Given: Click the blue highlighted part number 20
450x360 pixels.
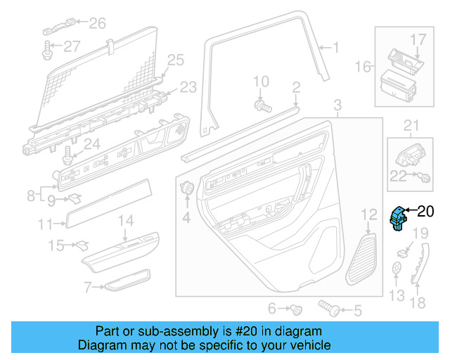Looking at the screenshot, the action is [398, 219].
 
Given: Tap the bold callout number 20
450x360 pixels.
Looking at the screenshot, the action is [425, 212].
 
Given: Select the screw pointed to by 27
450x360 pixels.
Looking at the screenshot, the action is [47, 51].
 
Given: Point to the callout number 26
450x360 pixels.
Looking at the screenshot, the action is [97, 23].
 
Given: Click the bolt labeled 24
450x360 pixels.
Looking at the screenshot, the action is [67, 155].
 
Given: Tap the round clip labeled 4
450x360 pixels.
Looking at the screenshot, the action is [187, 188].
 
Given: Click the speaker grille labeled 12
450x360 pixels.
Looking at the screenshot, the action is [361, 259].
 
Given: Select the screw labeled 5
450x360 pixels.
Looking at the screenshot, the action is [329, 308].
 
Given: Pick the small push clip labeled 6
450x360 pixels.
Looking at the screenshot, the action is [296, 309].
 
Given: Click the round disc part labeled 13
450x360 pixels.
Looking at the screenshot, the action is [397, 268].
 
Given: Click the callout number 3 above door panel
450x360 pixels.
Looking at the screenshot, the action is [337, 105].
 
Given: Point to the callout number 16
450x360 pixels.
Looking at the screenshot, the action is [363, 67].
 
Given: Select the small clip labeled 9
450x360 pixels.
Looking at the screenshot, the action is [75, 198].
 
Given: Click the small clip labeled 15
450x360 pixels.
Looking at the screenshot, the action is [82, 245].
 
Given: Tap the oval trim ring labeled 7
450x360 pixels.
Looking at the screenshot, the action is [127, 280].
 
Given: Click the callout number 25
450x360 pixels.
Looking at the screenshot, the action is [176, 60].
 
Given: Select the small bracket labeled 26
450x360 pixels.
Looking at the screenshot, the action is [59, 27].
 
